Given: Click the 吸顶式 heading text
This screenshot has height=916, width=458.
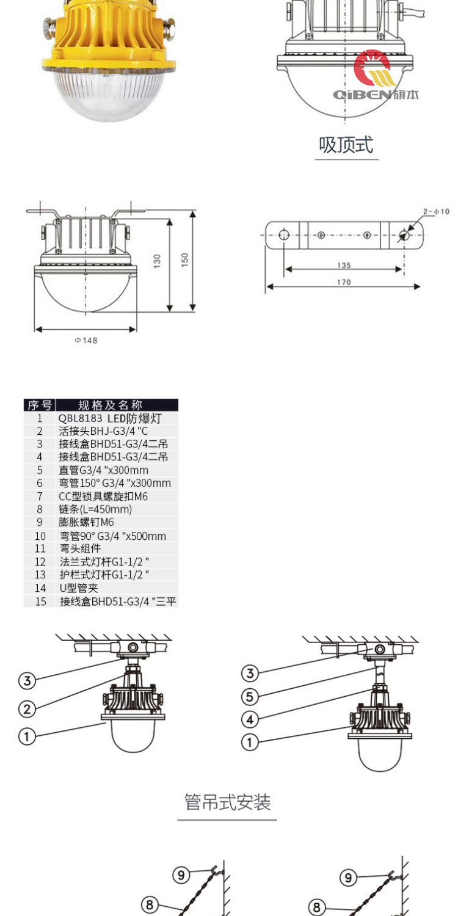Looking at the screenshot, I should point(346,145).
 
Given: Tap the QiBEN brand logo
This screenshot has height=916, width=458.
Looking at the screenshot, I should point(375,76).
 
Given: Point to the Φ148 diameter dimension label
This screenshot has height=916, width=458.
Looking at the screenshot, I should point(86,341).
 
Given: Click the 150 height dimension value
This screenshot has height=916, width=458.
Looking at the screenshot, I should point(185,259).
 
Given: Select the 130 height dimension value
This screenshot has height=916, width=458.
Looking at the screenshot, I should point(158,262).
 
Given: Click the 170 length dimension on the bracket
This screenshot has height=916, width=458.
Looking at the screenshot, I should point(344,282).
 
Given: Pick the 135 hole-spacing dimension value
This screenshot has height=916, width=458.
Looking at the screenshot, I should point(344,265).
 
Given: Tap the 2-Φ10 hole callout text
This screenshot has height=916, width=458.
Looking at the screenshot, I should point(436,211).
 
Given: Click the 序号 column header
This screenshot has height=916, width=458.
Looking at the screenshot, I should point(40,405).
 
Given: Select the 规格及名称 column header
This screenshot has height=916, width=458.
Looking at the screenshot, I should point(111,405).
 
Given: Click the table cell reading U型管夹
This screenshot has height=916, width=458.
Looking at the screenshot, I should point(79,588).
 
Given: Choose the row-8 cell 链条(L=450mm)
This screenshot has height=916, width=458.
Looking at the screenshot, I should point(95,509).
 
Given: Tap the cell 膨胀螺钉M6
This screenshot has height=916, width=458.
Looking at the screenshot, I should point(87,522).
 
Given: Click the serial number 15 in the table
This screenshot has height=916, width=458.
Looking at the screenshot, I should point(40,602).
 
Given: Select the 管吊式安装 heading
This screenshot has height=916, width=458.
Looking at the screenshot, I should point(227,802).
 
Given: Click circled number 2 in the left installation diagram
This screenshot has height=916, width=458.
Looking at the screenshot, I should point(27,708).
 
